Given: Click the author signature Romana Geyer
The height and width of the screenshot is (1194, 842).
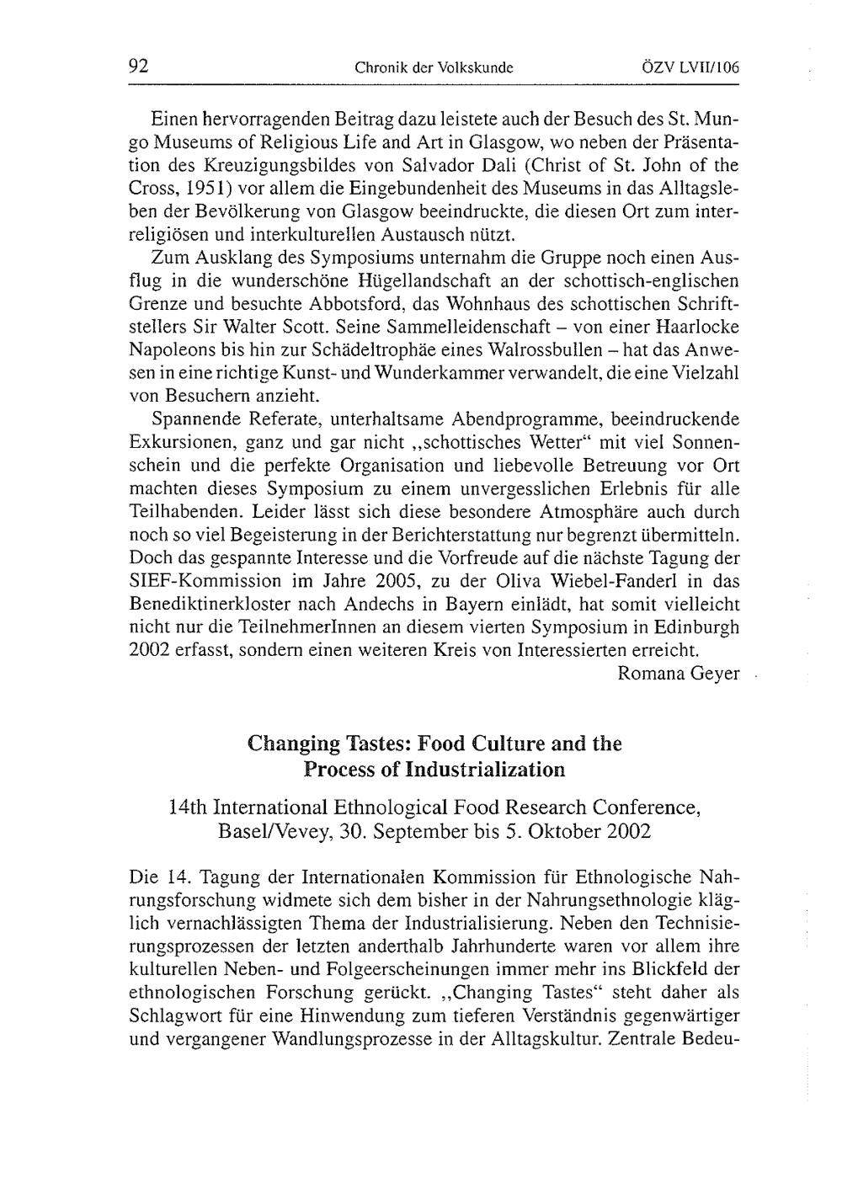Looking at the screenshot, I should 678,673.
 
